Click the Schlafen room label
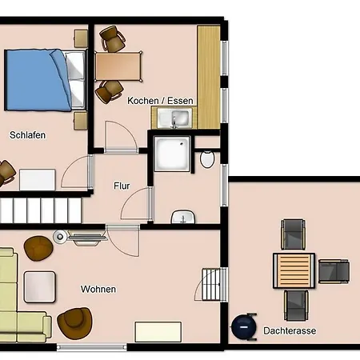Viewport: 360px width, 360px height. pos(27,135)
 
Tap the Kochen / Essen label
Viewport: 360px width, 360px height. pos(160,101)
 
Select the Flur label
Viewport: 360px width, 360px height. pos(122,186)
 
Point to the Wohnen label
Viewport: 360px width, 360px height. pos(98,289)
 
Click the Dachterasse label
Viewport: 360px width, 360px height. pos(290,330)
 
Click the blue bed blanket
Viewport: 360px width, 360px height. pos(38,80)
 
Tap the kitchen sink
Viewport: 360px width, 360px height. pos(174,118)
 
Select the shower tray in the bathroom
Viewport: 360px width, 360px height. pos(173,154)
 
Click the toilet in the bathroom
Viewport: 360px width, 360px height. pos(207,159)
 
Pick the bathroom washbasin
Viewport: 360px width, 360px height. pos(183,217)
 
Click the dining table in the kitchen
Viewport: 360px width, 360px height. pos(118,66)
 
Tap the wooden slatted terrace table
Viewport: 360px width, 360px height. pos(294,270)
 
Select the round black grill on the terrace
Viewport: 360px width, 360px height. pos(243,327)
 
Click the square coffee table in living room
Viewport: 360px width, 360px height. pos(40,287)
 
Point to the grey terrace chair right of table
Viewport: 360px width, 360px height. pos(334,271)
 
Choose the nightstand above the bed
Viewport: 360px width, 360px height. pos(81,38)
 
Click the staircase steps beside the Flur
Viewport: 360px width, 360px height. pos(41,210)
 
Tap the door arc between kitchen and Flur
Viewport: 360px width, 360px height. pos(122,136)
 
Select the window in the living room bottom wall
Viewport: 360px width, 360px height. pos(92,347)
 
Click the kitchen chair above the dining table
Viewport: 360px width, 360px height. pos(112,38)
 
